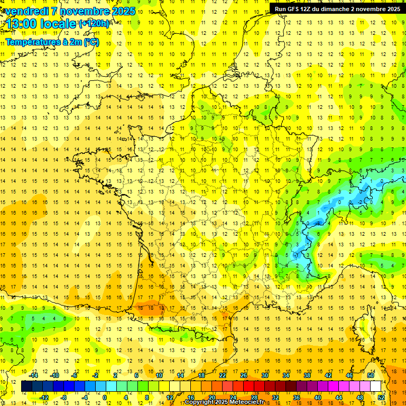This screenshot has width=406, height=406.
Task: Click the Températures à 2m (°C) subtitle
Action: (x=52, y=42)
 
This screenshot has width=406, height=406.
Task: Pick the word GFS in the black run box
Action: (x=294, y=9)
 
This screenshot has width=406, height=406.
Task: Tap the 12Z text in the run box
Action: (x=309, y=9)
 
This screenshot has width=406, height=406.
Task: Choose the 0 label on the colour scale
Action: (x=105, y=398)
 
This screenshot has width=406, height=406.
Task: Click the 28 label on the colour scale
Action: (x=254, y=398)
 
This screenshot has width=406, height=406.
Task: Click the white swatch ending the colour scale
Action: (x=375, y=386)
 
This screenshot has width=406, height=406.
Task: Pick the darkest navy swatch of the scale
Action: (x=26, y=386)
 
